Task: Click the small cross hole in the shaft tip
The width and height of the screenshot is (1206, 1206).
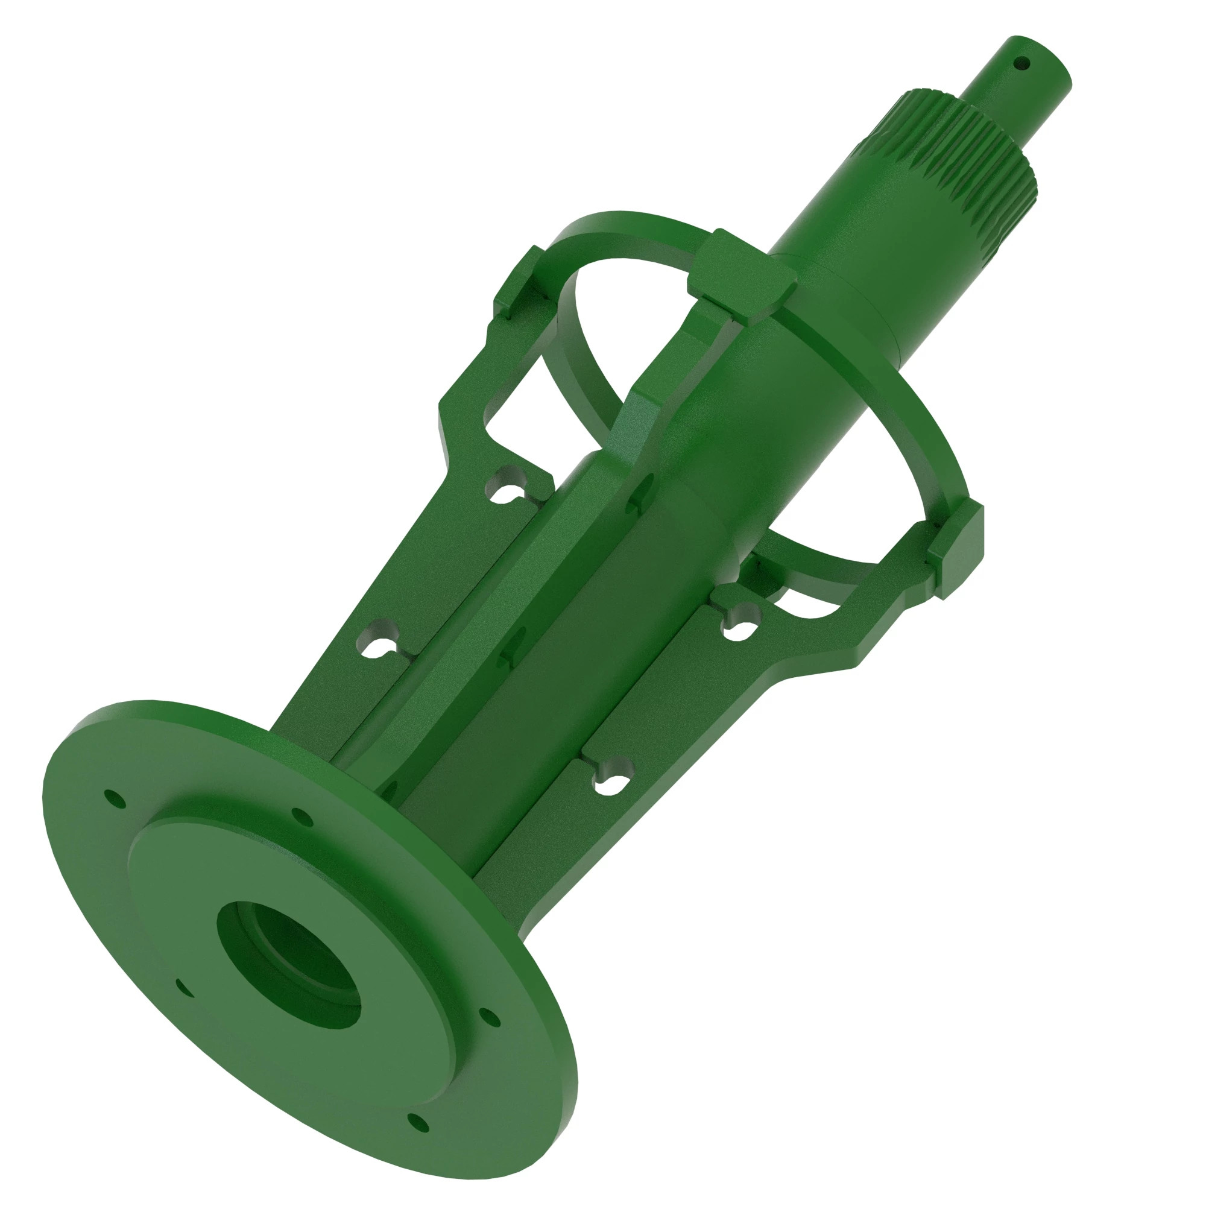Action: [x=1021, y=63]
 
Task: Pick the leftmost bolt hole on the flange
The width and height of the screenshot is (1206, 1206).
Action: [x=114, y=797]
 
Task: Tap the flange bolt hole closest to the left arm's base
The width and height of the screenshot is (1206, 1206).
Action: [x=301, y=816]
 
